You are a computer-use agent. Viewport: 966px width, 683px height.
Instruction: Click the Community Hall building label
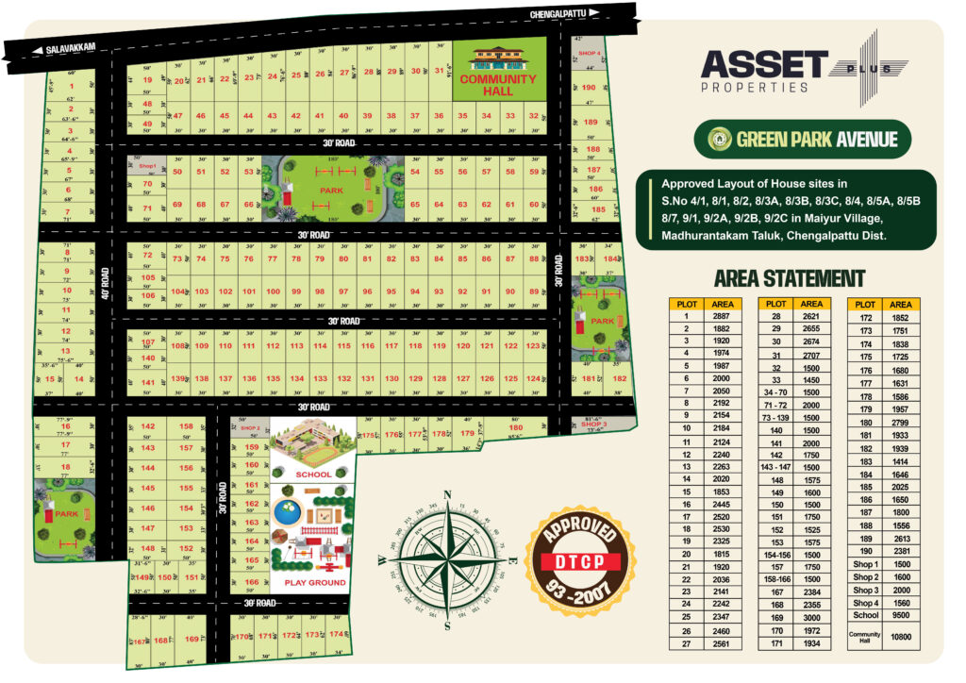497,85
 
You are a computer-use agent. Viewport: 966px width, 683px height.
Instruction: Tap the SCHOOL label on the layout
313,475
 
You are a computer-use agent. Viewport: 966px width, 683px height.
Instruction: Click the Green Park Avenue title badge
802,140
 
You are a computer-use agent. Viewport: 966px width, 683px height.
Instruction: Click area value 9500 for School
900,614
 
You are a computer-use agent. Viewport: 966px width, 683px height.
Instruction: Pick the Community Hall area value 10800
900,637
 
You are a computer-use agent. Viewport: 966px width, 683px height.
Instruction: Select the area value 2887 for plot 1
722,316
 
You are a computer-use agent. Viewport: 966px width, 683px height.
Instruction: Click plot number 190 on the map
589,88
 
